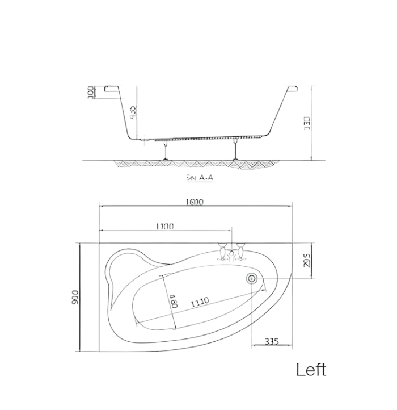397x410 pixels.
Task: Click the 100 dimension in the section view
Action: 91,93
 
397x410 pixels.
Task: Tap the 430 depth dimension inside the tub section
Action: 133,111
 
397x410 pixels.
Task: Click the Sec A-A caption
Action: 200,177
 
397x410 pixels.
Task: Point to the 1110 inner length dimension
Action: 199,300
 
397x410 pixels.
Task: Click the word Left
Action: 311,370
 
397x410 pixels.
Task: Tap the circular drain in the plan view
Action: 251,278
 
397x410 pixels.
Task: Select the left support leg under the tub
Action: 165,151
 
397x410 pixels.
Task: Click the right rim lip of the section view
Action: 292,90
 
